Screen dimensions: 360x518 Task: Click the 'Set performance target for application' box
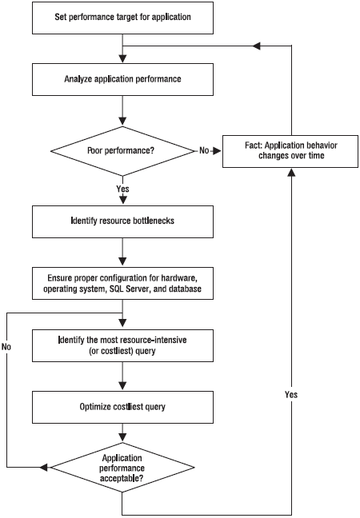(x=122, y=18)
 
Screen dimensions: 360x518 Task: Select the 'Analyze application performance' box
(x=122, y=80)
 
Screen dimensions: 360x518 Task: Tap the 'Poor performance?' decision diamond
(x=122, y=151)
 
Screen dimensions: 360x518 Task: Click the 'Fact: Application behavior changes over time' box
(x=290, y=151)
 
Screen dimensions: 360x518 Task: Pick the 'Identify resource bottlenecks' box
(x=122, y=221)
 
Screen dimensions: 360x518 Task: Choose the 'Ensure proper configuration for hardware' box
(x=122, y=284)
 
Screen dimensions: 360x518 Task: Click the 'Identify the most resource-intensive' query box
(x=122, y=345)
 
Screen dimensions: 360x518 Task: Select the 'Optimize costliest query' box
(x=122, y=407)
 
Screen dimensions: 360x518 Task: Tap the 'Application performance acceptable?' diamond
(x=122, y=468)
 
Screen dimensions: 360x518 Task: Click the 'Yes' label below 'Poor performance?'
(x=122, y=189)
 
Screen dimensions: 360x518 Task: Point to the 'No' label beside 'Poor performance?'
(x=204, y=150)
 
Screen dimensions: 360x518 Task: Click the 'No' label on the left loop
(x=6, y=347)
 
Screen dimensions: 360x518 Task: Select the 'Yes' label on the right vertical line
(x=291, y=394)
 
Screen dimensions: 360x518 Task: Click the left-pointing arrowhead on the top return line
(x=257, y=46)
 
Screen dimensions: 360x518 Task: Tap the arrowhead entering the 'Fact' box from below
(x=291, y=172)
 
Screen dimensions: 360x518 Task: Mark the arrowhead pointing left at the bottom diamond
(x=44, y=467)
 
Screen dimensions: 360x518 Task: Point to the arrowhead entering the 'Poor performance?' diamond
(x=122, y=122)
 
